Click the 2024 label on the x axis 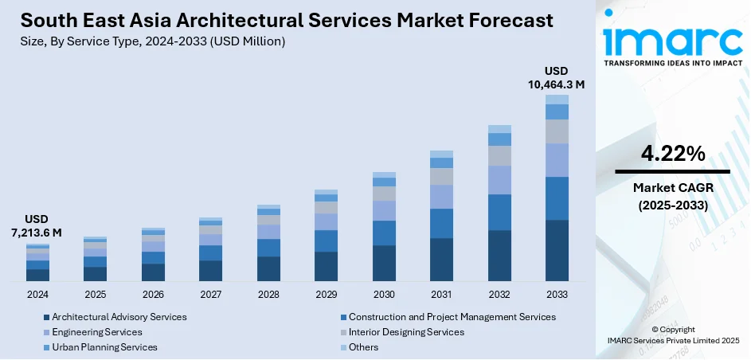tap(37, 295)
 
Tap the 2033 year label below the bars tap(557, 295)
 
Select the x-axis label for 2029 tap(326, 295)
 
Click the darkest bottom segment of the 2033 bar tap(557, 251)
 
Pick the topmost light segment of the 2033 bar tap(557, 100)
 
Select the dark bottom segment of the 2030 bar tap(384, 264)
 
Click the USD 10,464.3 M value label tap(557, 77)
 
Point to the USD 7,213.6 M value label tap(37, 225)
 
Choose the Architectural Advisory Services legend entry tap(119, 317)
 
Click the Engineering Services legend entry tap(96, 332)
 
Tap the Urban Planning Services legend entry tap(104, 347)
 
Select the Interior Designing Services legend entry tap(406, 332)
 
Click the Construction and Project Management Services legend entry tap(452, 317)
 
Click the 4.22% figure tap(672, 155)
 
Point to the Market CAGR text tap(672, 188)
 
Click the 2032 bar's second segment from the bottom tap(499, 213)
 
